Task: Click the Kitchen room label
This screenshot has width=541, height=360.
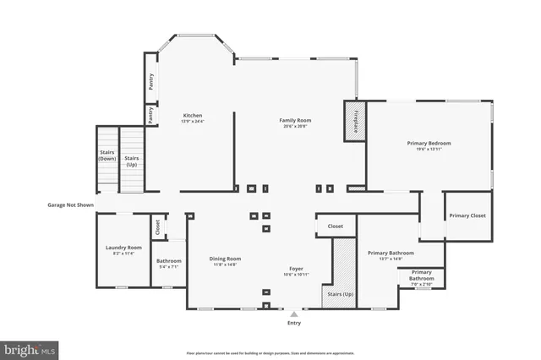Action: pos(193,117)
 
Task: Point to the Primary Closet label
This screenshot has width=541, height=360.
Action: pos(468,215)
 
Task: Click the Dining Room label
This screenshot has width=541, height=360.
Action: pos(225,261)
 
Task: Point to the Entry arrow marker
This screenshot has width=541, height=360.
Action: pos(294,314)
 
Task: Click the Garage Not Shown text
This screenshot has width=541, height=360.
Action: pos(70,205)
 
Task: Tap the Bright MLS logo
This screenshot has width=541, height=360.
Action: pos(29,348)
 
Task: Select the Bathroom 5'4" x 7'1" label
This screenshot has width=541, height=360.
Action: pos(169,264)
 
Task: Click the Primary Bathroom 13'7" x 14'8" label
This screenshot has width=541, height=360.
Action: pos(390,254)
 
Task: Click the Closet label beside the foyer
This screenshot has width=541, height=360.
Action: pos(335,226)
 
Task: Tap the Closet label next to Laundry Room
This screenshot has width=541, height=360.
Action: pos(157,227)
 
